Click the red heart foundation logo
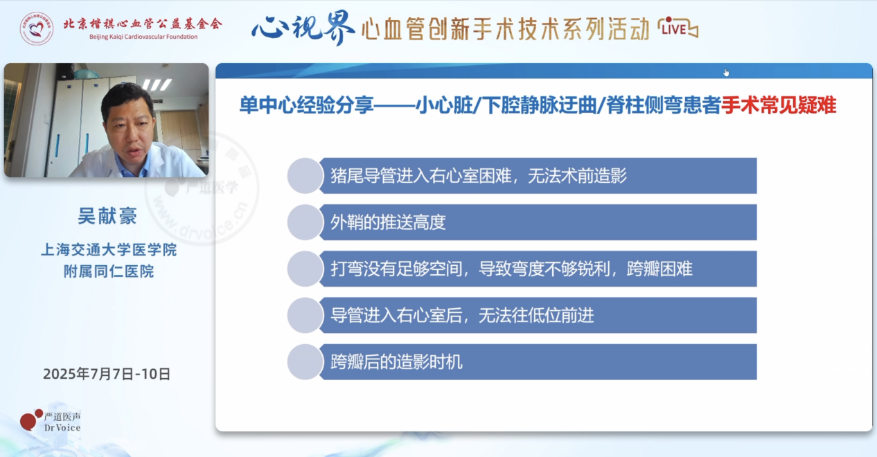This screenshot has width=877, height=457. (x=37, y=28)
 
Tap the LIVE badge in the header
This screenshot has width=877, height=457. (x=678, y=28)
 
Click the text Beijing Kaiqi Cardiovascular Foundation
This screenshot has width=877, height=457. (x=143, y=37)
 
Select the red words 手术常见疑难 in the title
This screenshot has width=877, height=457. (x=779, y=106)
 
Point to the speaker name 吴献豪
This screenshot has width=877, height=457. (x=107, y=216)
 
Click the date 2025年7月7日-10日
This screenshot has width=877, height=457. (x=107, y=374)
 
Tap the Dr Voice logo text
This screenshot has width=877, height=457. (x=62, y=422)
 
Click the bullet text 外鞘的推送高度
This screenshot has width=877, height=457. (x=388, y=222)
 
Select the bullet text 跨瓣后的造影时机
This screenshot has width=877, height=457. (x=396, y=362)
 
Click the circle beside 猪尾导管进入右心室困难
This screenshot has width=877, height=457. (x=305, y=176)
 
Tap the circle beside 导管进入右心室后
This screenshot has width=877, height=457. (x=305, y=315)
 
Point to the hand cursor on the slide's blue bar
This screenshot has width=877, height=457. (x=726, y=73)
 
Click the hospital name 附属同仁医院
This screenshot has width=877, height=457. (x=109, y=271)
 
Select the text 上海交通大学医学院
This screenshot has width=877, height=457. (x=109, y=250)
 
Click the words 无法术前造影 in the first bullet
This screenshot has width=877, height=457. (x=577, y=176)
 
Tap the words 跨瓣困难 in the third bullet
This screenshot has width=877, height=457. (x=659, y=269)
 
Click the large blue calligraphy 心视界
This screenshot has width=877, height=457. (x=303, y=28)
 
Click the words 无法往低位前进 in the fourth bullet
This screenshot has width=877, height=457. (x=536, y=315)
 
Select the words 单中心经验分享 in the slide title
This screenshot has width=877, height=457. (x=307, y=106)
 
